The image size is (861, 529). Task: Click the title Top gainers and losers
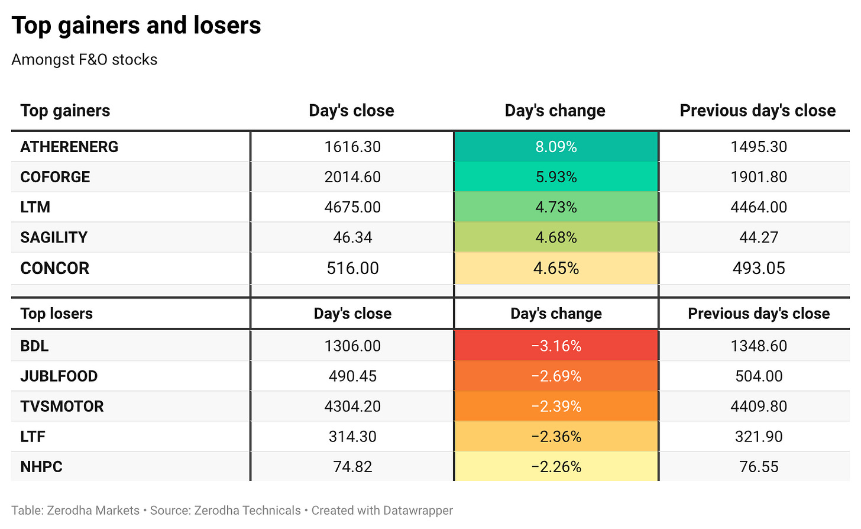136,25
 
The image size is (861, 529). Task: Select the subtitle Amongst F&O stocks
84,60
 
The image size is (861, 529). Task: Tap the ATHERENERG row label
69,147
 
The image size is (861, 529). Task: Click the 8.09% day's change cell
556,147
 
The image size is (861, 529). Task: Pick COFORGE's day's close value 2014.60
352,177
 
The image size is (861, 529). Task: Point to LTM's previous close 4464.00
758,207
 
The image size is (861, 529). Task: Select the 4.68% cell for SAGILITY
556,237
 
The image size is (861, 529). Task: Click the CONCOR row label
54,268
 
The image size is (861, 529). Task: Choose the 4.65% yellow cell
556,268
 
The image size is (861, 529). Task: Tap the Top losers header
57,314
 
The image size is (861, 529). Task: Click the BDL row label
34,346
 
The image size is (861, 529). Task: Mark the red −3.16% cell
556,346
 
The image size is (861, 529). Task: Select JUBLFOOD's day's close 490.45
352,376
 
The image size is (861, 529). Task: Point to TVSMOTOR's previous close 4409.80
758,407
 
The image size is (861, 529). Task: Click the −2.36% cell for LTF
556,436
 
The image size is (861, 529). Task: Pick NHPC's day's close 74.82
352,467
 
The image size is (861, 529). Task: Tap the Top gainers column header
65,111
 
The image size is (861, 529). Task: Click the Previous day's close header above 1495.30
758,111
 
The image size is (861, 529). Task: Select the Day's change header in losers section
556,314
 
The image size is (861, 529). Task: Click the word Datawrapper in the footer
418,511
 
